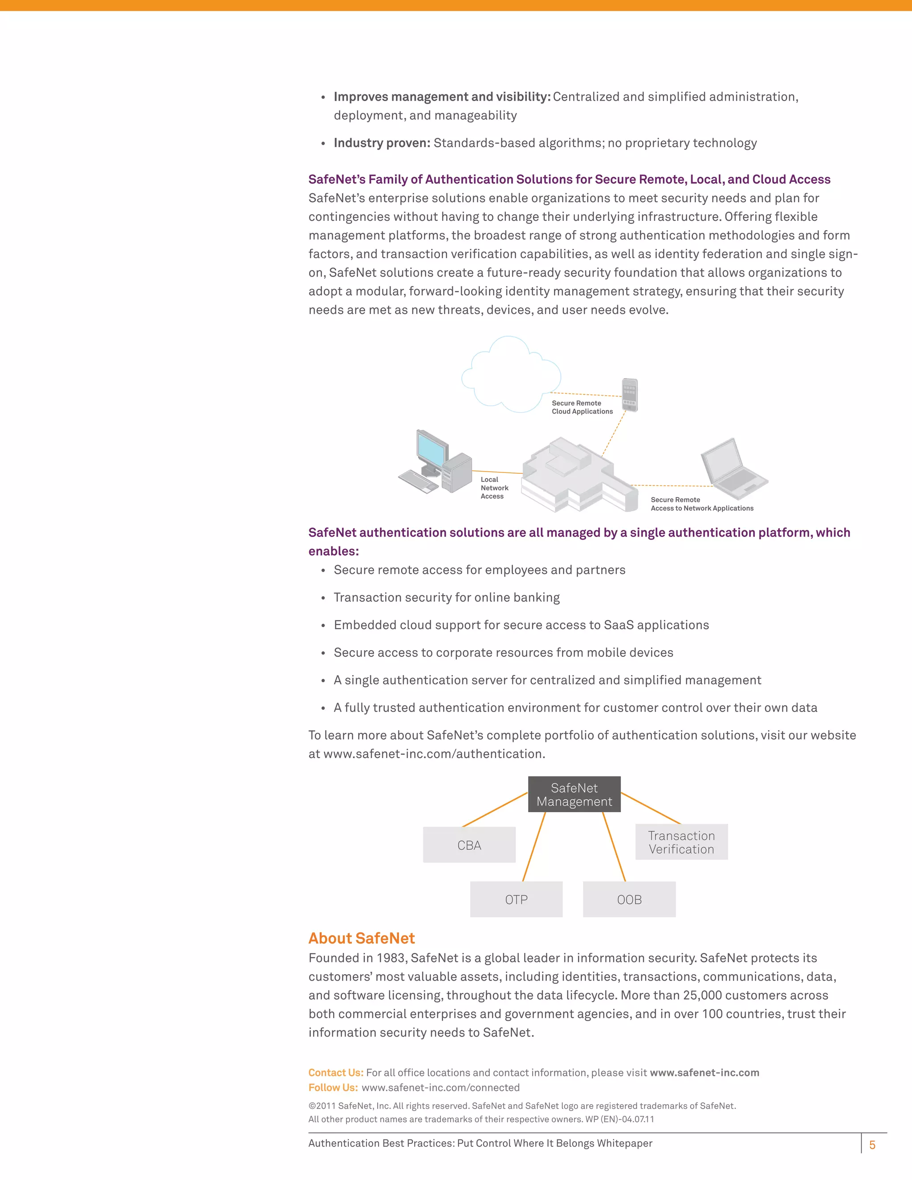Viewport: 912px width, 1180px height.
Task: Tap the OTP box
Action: click(516, 899)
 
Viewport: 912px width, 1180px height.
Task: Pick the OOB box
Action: click(629, 899)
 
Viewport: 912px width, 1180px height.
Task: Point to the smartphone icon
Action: click(630, 395)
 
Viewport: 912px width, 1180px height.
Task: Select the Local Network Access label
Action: click(494, 488)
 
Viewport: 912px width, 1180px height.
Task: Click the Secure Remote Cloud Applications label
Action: click(582, 407)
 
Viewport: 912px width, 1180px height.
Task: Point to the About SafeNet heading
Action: click(362, 939)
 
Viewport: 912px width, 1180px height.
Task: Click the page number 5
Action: click(872, 1144)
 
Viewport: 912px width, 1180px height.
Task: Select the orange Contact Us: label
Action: click(335, 1073)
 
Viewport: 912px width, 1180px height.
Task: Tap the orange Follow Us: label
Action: click(333, 1088)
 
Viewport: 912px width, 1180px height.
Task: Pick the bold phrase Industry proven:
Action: click(382, 143)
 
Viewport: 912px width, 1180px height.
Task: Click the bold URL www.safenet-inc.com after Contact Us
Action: click(704, 1073)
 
